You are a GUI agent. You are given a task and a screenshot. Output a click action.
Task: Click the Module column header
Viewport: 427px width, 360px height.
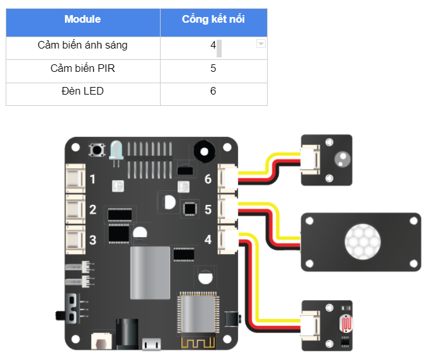tap(83, 20)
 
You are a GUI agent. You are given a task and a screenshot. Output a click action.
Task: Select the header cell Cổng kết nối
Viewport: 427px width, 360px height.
tap(214, 20)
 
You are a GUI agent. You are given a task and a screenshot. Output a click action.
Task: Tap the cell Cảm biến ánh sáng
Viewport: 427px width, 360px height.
tap(83, 45)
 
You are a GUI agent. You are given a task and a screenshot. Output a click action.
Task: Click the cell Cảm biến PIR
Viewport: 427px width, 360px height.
tap(83, 68)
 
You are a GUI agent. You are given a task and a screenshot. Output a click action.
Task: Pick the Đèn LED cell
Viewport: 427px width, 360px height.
tap(83, 91)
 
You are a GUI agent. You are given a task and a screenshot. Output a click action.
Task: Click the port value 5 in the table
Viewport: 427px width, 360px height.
tap(214, 68)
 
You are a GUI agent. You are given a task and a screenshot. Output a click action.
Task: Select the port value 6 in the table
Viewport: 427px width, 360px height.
tap(214, 91)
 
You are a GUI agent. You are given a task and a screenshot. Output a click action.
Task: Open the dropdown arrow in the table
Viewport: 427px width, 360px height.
tap(261, 44)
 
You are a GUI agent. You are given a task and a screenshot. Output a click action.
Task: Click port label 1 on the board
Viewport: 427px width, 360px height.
tap(93, 180)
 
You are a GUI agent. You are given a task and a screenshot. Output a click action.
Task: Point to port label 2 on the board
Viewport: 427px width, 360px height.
tap(93, 210)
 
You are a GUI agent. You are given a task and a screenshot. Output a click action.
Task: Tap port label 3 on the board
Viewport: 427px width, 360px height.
tap(93, 240)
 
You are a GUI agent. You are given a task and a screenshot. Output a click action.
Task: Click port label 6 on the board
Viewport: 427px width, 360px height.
tap(208, 179)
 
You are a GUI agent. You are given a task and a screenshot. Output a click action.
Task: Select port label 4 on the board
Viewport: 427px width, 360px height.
tap(208, 240)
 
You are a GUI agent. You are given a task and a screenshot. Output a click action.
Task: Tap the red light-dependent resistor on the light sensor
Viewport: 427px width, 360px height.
tap(346, 324)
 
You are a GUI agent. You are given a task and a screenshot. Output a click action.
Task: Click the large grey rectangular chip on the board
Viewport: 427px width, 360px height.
tap(150, 272)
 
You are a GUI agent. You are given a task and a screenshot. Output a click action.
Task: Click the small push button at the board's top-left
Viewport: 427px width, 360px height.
tap(98, 151)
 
